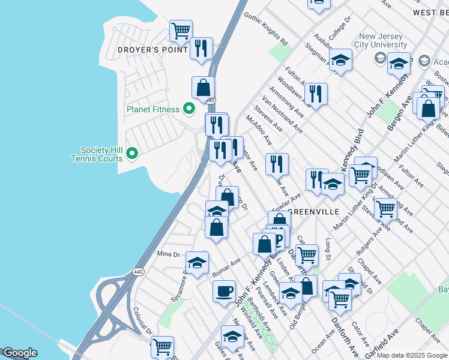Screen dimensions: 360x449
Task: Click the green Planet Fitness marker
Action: pyautogui.click(x=189, y=109)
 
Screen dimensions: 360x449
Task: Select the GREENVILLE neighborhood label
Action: pyautogui.click(x=314, y=212)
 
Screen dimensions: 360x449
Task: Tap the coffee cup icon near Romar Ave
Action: pyautogui.click(x=224, y=291)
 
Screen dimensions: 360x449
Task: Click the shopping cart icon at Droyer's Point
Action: pyautogui.click(x=181, y=30)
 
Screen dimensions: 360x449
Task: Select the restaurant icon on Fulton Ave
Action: pyautogui.click(x=315, y=94)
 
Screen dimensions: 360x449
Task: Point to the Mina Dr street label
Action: pyautogui.click(x=168, y=254)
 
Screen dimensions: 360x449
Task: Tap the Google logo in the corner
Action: pyautogui.click(x=20, y=353)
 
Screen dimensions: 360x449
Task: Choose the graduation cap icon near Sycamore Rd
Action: pyautogui.click(x=197, y=262)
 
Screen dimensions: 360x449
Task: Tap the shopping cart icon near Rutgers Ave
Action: pyautogui.click(x=385, y=208)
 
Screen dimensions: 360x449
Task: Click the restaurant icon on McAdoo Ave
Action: pyautogui.click(x=277, y=164)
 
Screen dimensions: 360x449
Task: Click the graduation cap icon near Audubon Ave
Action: pyautogui.click(x=340, y=60)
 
